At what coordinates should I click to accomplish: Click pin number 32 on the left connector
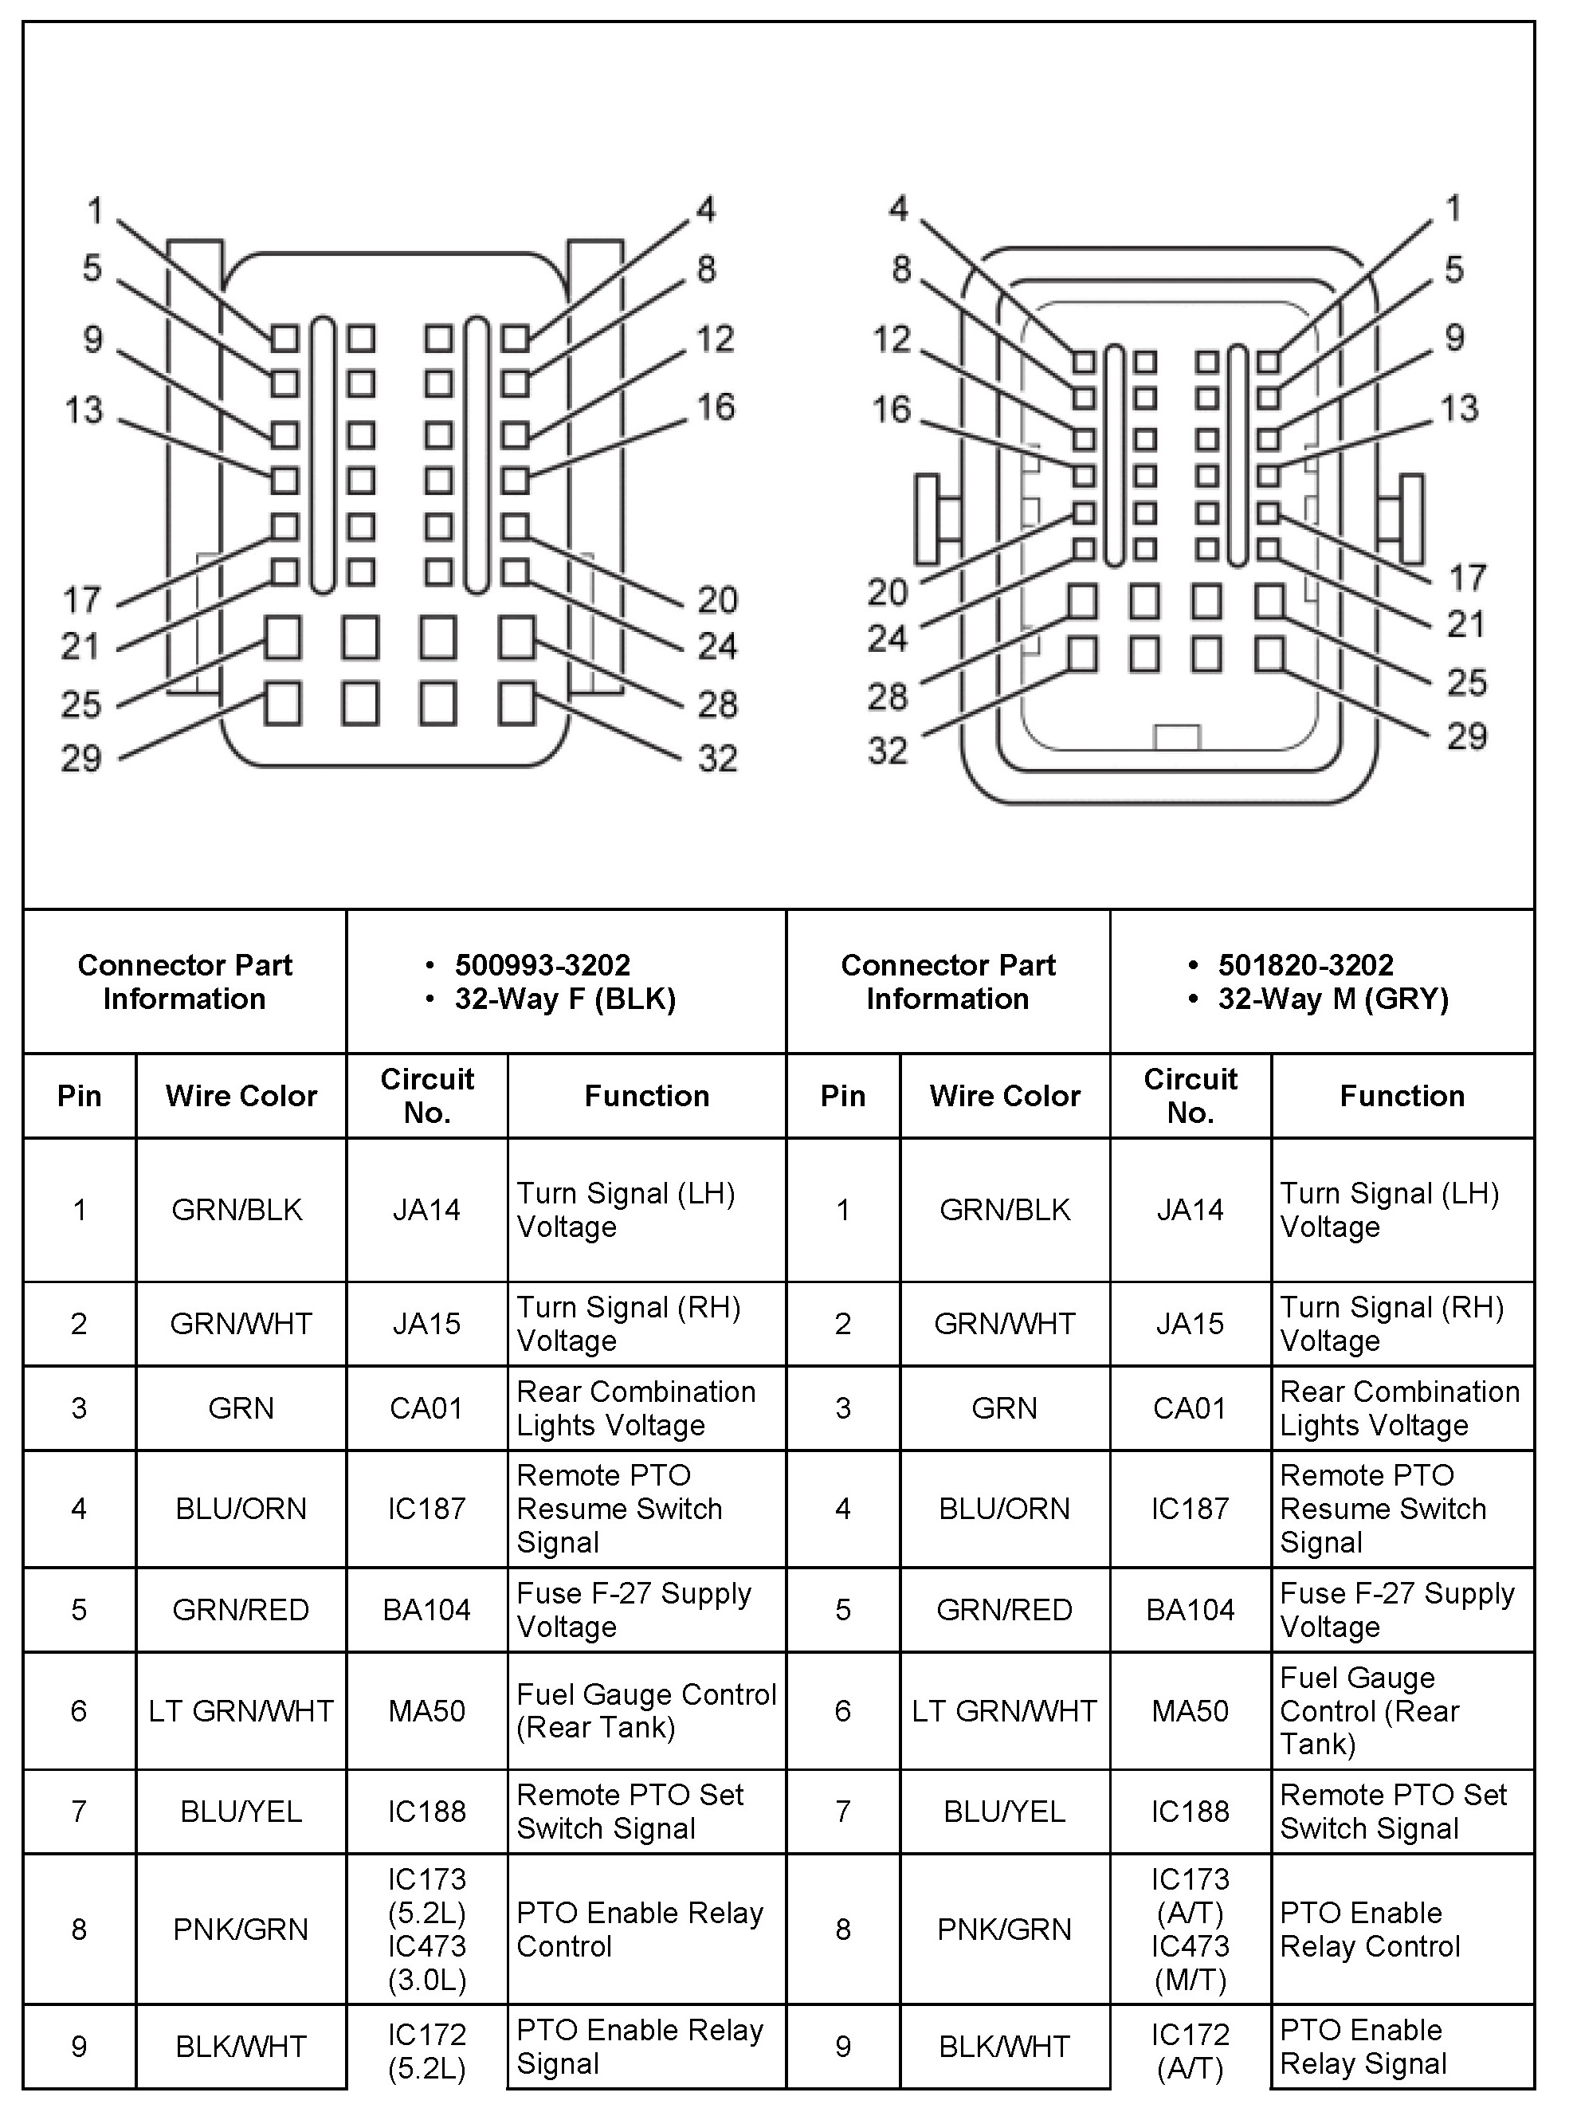tap(717, 759)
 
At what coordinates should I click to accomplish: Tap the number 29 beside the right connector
tap(1466, 736)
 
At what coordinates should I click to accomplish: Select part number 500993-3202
tap(542, 964)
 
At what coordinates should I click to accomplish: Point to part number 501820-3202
tap(1305, 964)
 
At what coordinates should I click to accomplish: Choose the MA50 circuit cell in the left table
tap(426, 1710)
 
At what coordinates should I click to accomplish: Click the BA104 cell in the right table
tap(1191, 1609)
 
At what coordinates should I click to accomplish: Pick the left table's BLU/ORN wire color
tap(241, 1509)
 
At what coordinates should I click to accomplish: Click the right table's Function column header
tap(1402, 1096)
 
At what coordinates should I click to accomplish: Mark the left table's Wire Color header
tap(241, 1096)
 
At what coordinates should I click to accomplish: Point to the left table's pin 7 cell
tap(79, 1811)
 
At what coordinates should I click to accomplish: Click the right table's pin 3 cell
tap(843, 1407)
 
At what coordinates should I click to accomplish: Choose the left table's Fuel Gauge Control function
tap(645, 1710)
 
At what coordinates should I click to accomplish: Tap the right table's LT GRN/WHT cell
tap(1005, 1710)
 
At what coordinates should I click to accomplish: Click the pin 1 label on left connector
tap(95, 210)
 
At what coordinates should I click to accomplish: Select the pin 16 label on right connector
tap(891, 410)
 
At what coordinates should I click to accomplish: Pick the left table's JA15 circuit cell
tap(426, 1323)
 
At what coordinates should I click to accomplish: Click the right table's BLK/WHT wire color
tap(1005, 2047)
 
